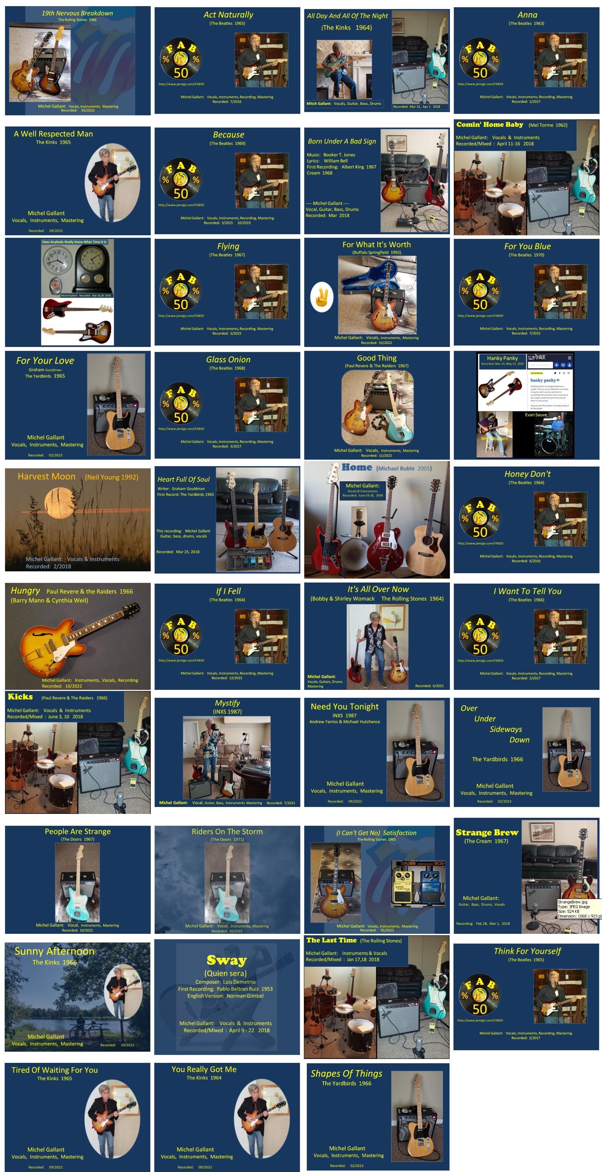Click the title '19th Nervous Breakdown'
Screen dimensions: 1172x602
tap(77, 13)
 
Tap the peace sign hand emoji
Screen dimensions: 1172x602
tap(321, 297)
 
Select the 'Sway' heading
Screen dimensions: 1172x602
tap(226, 960)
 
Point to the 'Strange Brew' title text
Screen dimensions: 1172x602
tap(487, 833)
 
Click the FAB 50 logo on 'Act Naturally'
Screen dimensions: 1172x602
tap(180, 59)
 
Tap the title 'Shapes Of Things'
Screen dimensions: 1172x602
tap(347, 1073)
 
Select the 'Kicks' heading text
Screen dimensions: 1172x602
tap(20, 697)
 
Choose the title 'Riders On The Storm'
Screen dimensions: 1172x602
tap(227, 831)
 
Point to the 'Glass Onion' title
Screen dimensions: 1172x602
tap(228, 359)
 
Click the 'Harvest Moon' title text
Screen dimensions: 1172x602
tap(46, 476)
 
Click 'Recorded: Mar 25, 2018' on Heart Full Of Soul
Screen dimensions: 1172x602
tap(178, 551)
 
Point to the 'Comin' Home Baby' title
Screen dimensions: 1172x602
tap(490, 125)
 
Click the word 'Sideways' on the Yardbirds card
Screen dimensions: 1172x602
tap(506, 729)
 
